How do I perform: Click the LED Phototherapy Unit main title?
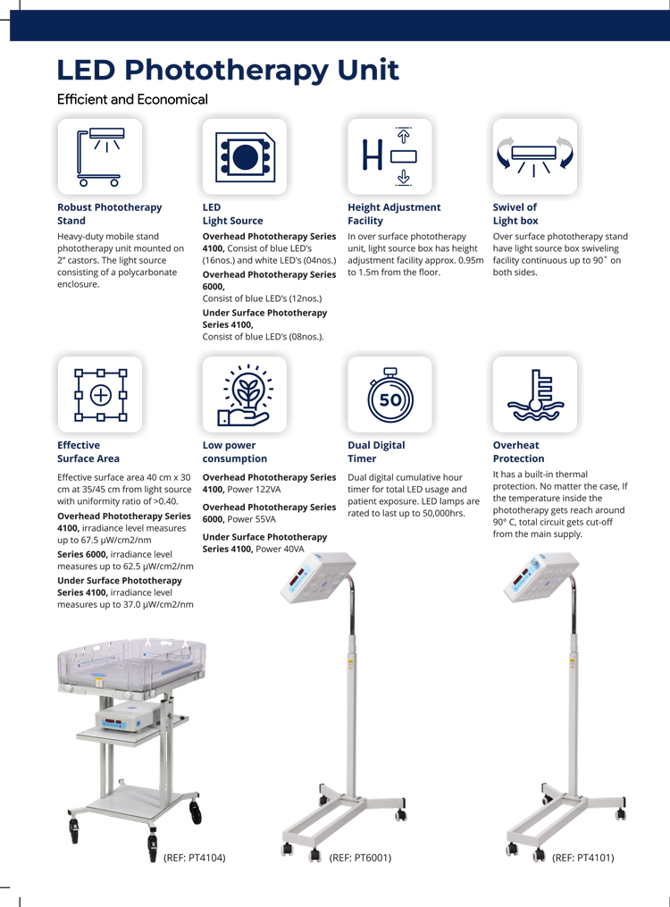pyautogui.click(x=228, y=70)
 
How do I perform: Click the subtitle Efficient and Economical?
pyautogui.click(x=132, y=99)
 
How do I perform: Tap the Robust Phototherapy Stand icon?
pyautogui.click(x=100, y=156)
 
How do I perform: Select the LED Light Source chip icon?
pyautogui.click(x=245, y=156)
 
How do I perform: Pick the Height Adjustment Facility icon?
pyautogui.click(x=389, y=156)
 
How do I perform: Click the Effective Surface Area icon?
pyautogui.click(x=100, y=394)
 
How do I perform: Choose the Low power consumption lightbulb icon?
pyautogui.click(x=245, y=394)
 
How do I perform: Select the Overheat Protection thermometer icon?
pyautogui.click(x=535, y=394)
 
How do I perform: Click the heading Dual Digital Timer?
pyautogui.click(x=376, y=452)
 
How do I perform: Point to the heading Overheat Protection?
pyautogui.click(x=518, y=452)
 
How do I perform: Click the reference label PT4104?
pyautogui.click(x=195, y=857)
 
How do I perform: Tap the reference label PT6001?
pyautogui.click(x=360, y=857)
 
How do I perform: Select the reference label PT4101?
pyautogui.click(x=582, y=857)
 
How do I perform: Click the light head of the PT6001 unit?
pyautogui.click(x=317, y=577)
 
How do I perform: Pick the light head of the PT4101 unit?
pyautogui.click(x=541, y=577)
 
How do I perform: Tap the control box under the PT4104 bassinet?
pyautogui.click(x=121, y=716)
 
